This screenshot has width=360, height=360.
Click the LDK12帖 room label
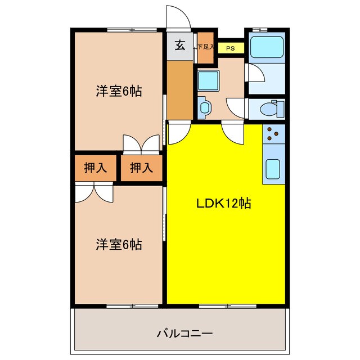pyautogui.click(x=223, y=203)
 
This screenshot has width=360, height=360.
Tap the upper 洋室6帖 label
pyautogui.click(x=118, y=91)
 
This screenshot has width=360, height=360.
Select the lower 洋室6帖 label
pyautogui.click(x=118, y=245)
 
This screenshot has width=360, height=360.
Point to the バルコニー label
pyautogui.click(x=184, y=334)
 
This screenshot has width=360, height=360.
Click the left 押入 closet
pyautogui.click(x=95, y=167)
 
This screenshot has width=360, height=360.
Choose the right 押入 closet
pyautogui.click(x=141, y=167)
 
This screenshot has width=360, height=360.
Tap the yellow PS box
pyautogui.click(x=231, y=48)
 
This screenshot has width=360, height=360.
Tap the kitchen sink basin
pyautogui.click(x=273, y=168)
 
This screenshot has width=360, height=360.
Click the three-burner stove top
pyautogui.click(x=274, y=133)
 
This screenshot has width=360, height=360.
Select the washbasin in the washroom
pyautogui.click(x=203, y=106)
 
